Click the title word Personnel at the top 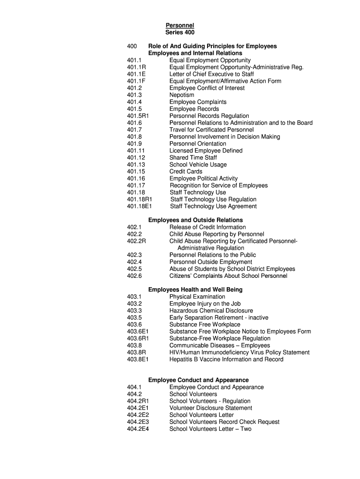coord(180,25)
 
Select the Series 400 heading coord(180,32)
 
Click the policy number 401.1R coord(137,67)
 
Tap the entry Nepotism coord(182,95)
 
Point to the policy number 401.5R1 coord(138,116)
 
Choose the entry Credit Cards coord(186,171)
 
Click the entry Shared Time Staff coord(193,158)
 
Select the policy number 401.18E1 coord(139,206)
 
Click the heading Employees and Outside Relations coord(195,220)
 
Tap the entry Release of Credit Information coord(208,227)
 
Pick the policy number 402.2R coord(137,241)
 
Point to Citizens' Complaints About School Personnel coord(228,276)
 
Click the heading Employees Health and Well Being coord(195,290)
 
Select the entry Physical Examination coord(197,297)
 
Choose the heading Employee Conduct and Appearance coord(198,380)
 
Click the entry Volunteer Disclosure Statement coord(211,408)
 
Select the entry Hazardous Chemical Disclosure coord(211,311)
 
